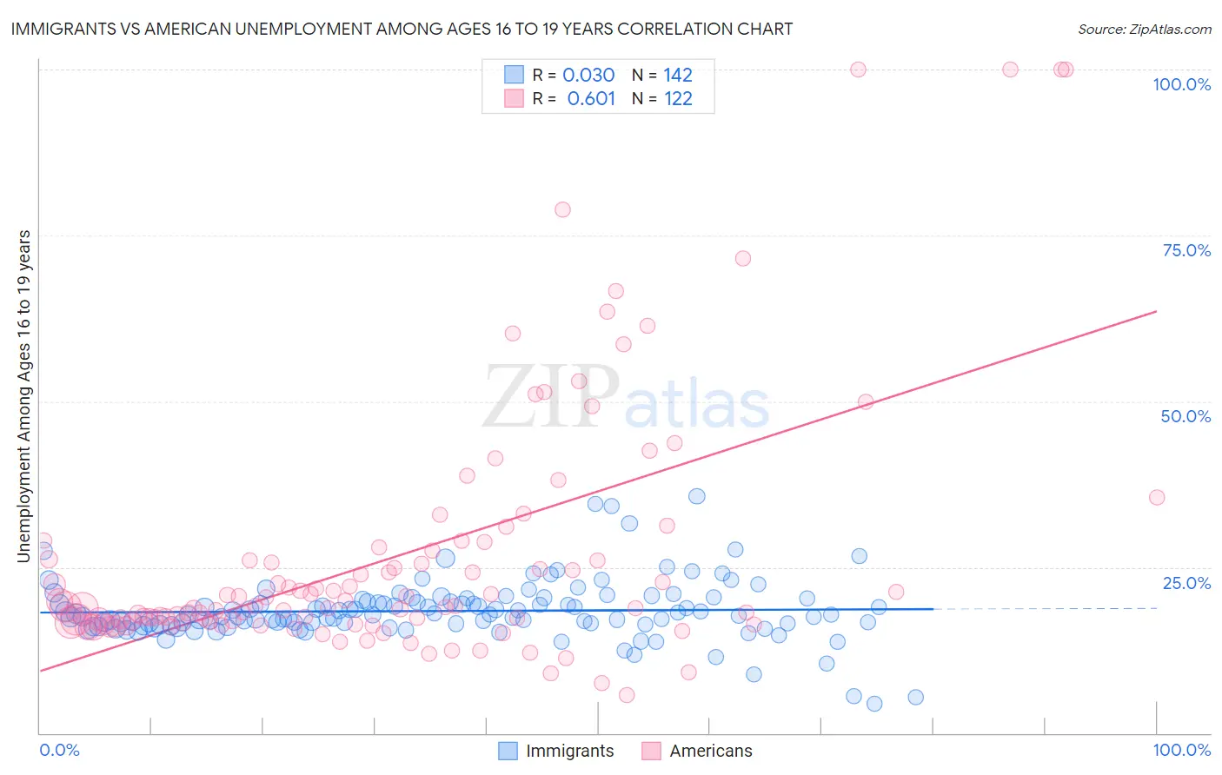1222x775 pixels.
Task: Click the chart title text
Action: click(x=402, y=29)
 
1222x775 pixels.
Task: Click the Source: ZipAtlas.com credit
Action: click(x=1144, y=29)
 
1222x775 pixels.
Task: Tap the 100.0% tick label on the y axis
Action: click(x=1181, y=84)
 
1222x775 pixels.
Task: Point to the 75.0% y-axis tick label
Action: click(x=1186, y=250)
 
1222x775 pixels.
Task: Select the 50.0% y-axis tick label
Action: click(x=1185, y=416)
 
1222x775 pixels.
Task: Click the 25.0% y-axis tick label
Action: click(x=1186, y=583)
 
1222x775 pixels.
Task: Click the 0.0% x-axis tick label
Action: click(x=59, y=750)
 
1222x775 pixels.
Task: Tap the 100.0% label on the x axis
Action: click(x=1181, y=750)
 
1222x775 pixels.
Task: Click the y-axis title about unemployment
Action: click(x=24, y=395)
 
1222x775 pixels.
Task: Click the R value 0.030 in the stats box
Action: click(x=588, y=76)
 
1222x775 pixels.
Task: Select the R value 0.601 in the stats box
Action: click(x=591, y=99)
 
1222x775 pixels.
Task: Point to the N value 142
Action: click(x=678, y=76)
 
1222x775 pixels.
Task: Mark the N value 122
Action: click(x=678, y=99)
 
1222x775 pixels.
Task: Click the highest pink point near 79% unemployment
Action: click(x=562, y=209)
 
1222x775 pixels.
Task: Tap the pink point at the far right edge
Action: click(x=1157, y=497)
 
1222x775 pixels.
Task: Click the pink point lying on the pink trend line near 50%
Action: click(x=866, y=401)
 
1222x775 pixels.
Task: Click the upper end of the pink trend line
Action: click(x=1156, y=311)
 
